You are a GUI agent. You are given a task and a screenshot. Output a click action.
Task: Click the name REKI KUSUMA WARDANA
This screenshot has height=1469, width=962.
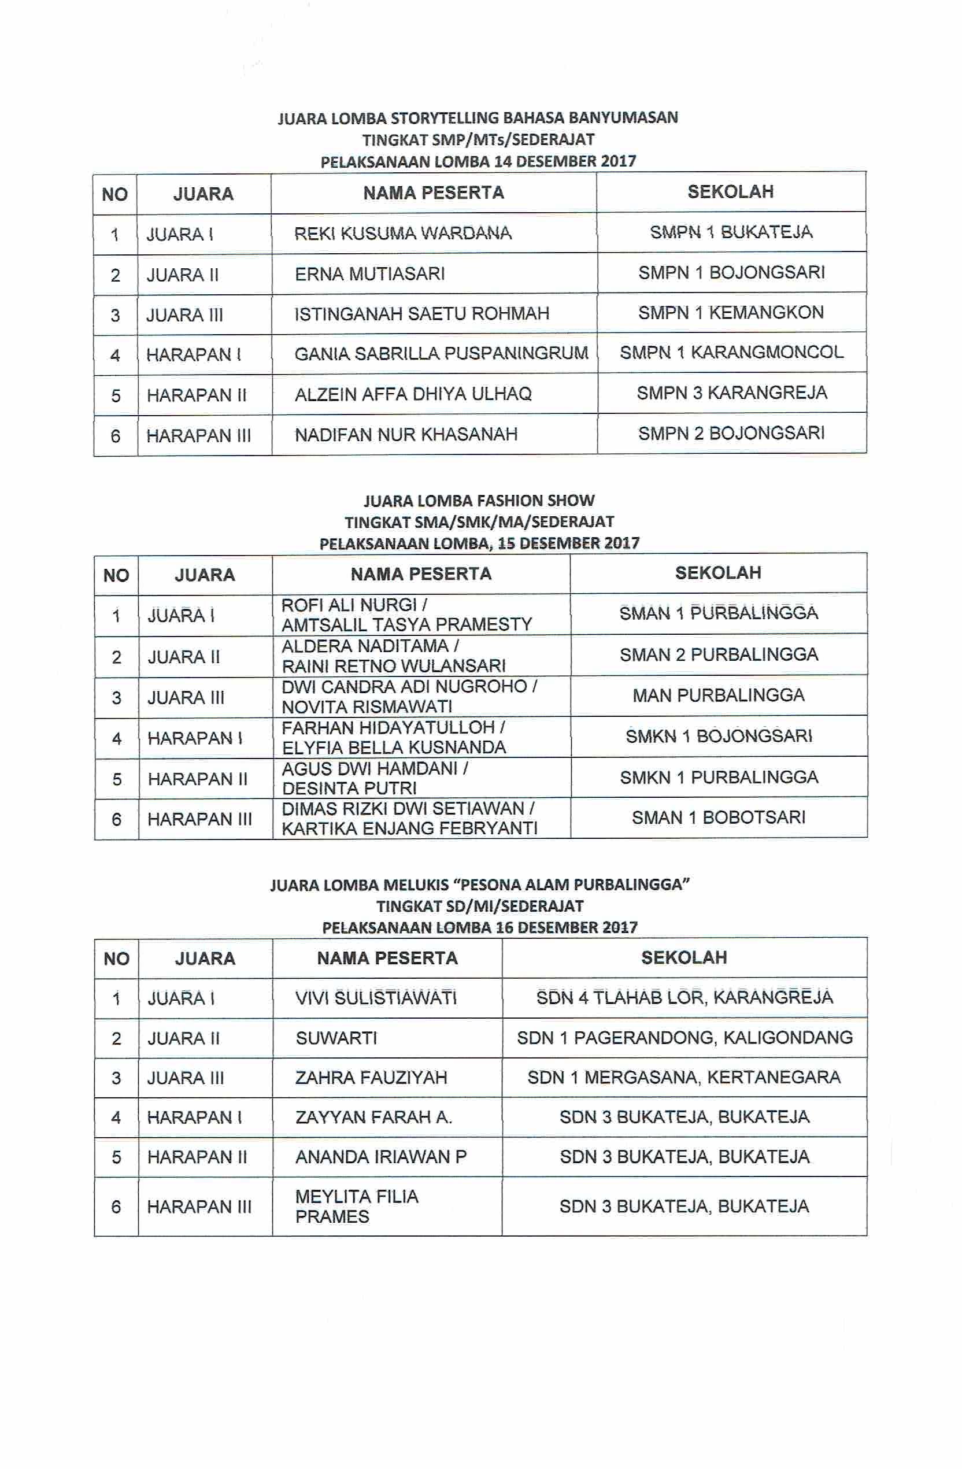pos(402,234)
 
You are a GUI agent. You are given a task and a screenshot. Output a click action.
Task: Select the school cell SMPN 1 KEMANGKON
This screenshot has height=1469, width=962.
pos(731,313)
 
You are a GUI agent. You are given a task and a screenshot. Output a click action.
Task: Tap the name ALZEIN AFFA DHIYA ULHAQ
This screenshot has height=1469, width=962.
pos(413,394)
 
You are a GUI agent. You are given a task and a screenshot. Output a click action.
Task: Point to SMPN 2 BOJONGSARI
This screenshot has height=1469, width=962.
pos(731,433)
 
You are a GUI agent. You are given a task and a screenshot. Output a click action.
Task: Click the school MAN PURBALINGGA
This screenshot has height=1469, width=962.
pos(718,695)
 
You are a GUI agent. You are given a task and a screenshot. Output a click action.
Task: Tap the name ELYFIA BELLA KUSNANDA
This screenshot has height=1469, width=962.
pos(394,748)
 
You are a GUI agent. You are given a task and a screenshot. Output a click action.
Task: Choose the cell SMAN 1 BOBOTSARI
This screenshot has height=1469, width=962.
pos(718,818)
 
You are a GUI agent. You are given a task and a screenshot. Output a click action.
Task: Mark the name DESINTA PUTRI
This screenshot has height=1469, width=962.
pos(349,788)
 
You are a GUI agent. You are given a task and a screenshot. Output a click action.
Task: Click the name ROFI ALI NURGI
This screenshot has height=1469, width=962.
pos(349,605)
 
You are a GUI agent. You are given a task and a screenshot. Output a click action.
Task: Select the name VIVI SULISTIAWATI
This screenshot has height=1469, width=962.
pos(376,998)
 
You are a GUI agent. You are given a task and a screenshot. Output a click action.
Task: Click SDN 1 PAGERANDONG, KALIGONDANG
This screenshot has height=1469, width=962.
pos(684,1038)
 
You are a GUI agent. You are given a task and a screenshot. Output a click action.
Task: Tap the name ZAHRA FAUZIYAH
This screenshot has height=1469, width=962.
pos(371,1078)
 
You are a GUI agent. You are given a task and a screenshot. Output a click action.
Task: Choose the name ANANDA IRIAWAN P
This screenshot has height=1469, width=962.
pos(381,1157)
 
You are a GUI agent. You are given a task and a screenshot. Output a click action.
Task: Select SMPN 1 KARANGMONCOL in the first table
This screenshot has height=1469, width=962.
pos(731,353)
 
